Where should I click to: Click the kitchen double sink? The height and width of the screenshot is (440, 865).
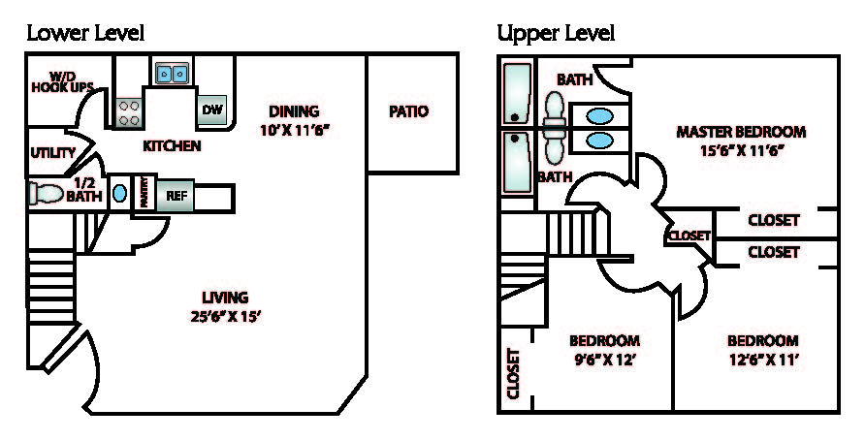173,73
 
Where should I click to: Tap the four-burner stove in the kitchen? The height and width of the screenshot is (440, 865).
129,112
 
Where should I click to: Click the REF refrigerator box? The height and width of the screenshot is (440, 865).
176,195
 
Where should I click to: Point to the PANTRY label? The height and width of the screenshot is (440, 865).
143,193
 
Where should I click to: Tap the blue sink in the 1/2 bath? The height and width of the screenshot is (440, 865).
119,193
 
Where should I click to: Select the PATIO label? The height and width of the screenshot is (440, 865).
408,111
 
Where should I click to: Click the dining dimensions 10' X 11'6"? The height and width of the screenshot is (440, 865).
294,129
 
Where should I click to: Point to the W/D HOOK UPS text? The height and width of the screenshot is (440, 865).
62,82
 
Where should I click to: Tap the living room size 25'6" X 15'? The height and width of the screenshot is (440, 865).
225,314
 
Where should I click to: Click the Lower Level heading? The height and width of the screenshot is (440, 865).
84,34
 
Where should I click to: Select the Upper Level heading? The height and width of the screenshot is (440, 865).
556,34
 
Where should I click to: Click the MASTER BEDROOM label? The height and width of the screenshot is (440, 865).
741,132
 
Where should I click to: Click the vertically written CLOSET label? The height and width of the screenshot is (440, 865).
513,374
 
